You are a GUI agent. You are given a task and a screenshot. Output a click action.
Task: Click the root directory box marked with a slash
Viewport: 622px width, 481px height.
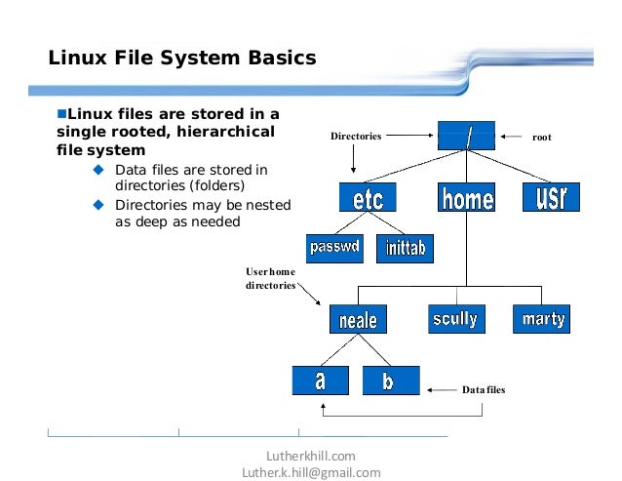pyautogui.click(x=466, y=136)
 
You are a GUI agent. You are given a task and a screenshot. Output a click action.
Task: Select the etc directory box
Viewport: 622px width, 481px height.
pyautogui.click(x=368, y=198)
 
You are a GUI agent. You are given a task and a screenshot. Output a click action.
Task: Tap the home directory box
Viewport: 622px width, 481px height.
pyautogui.click(x=466, y=198)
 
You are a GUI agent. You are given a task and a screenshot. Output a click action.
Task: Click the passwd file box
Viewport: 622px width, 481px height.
pyautogui.click(x=333, y=248)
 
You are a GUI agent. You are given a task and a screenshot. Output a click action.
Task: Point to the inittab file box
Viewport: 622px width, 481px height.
pyautogui.click(x=403, y=248)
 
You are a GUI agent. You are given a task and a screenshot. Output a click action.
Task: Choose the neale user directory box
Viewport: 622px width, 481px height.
pyautogui.click(x=358, y=318)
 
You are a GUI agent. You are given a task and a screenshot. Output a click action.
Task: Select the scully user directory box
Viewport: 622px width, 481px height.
pyautogui.click(x=456, y=318)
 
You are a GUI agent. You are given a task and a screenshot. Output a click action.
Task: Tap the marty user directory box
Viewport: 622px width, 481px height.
pyautogui.click(x=541, y=318)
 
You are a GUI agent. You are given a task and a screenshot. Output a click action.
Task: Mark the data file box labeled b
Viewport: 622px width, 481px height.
pyautogui.click(x=390, y=381)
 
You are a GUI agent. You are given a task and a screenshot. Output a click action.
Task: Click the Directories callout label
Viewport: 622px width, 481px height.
pyautogui.click(x=355, y=137)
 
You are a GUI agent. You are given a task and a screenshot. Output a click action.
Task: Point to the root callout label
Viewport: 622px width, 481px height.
pyautogui.click(x=541, y=137)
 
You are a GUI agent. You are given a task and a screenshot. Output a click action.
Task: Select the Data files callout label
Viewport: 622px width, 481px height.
pyautogui.click(x=484, y=390)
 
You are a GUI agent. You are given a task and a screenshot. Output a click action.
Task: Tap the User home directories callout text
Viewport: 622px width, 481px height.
pyautogui.click(x=270, y=278)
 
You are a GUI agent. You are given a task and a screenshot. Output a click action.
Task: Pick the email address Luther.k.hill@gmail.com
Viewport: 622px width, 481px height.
pyautogui.click(x=311, y=472)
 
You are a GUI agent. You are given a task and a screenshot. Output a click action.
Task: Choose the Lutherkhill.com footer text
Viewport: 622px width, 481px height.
pyautogui.click(x=311, y=456)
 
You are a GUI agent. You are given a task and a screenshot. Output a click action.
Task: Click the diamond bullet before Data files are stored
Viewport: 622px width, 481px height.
pyautogui.click(x=97, y=171)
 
